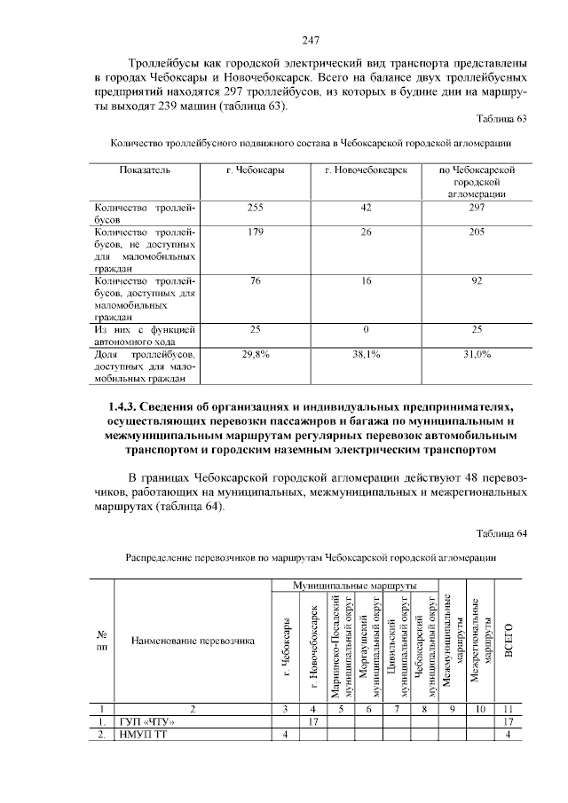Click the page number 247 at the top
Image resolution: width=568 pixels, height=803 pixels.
(x=310, y=40)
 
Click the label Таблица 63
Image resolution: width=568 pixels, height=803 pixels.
(x=502, y=119)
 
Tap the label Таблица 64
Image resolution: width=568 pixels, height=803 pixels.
(x=502, y=533)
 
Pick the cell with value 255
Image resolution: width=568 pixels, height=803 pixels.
(x=256, y=208)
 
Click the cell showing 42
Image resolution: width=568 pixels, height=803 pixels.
(x=367, y=208)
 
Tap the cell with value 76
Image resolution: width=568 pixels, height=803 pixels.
(x=256, y=281)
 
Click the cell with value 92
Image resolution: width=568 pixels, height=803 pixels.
(x=477, y=281)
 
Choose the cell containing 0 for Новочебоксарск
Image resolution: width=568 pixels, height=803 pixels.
(x=367, y=330)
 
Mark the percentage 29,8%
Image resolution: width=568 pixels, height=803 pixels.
(x=256, y=354)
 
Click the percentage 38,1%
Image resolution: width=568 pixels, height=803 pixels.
(x=367, y=354)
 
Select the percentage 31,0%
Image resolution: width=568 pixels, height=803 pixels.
(x=477, y=354)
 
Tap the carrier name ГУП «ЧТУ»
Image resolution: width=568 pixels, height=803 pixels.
(x=146, y=721)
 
